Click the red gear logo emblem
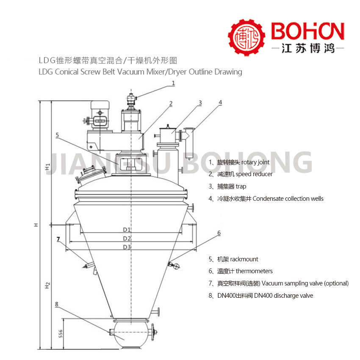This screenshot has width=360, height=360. pos(246,37)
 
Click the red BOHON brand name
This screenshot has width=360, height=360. pos(307,31)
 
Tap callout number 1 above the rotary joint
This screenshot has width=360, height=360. pos(173,83)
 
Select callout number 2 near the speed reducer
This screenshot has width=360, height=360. pos(171,103)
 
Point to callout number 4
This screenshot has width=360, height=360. pos(220,102)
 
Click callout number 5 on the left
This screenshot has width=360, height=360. pos(58,135)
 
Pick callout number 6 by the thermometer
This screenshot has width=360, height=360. pos(219,233)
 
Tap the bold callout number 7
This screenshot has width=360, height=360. pos(58,239)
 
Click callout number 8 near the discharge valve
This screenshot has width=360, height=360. pos(57,304)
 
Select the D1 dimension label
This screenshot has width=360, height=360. pos(127,230)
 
